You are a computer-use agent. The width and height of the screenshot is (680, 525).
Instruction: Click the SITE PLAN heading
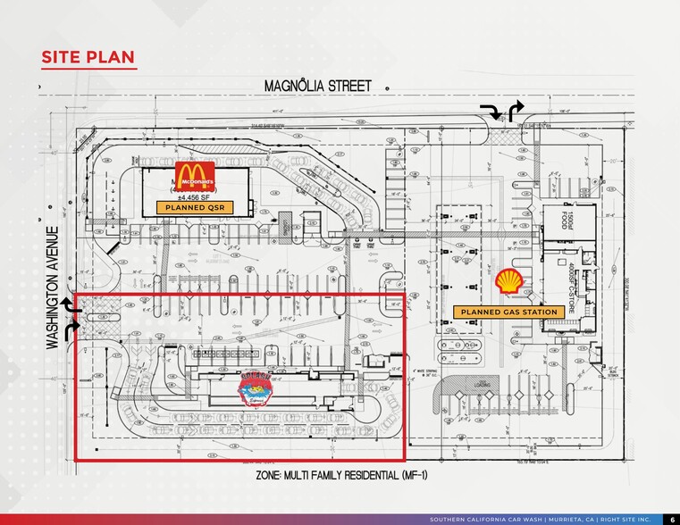(88, 58)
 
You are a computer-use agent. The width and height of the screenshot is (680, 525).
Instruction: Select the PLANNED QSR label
(194, 207)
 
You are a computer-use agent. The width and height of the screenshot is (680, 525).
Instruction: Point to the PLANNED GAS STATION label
(508, 312)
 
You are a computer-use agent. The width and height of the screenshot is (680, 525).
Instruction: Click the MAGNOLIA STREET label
(317, 86)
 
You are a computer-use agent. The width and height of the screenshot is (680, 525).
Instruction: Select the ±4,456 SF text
(194, 196)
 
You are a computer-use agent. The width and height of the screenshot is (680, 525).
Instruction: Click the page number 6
(671, 519)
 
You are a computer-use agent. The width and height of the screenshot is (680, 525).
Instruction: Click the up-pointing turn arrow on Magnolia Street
(516, 111)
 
